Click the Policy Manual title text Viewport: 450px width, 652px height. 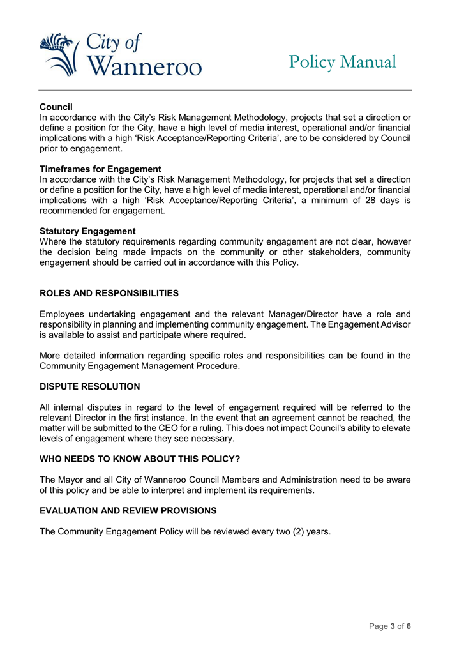tap(342, 62)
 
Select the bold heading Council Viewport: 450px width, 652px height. tap(56, 106)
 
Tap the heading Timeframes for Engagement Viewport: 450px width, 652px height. tap(100, 169)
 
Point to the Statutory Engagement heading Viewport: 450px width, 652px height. tap(87, 231)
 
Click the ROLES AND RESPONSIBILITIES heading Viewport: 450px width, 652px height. tap(109, 293)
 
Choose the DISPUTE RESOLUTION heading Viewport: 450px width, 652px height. tap(89, 386)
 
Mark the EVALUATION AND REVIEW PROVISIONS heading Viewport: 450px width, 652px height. tap(128, 510)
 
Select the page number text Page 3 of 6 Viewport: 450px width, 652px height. tap(389, 626)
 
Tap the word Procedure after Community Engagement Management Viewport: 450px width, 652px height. tap(218, 366)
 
